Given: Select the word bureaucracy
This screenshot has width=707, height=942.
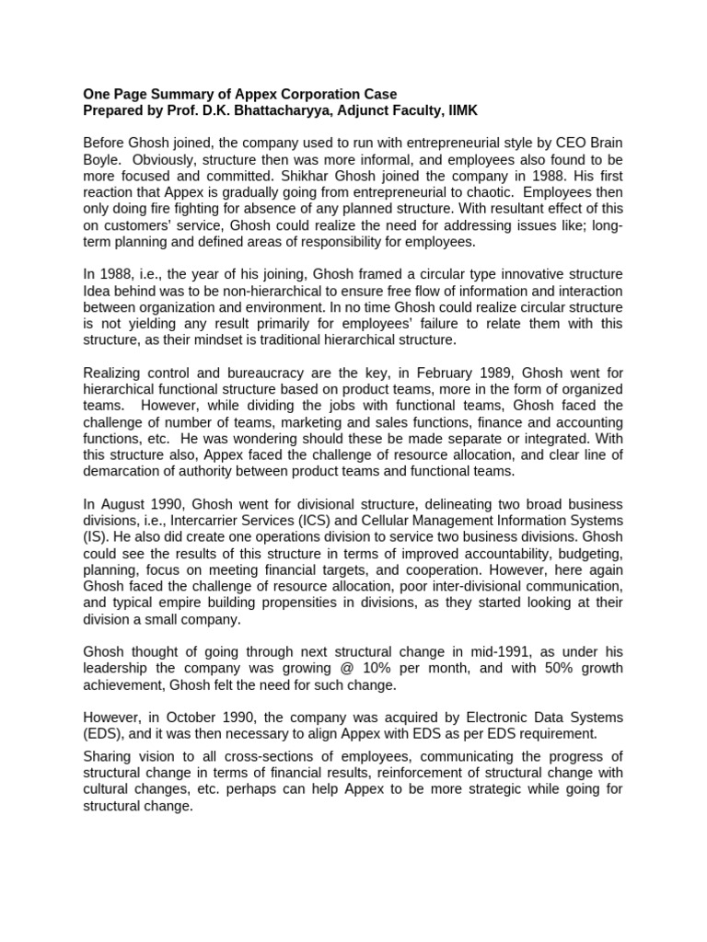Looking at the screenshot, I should [251, 373].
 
